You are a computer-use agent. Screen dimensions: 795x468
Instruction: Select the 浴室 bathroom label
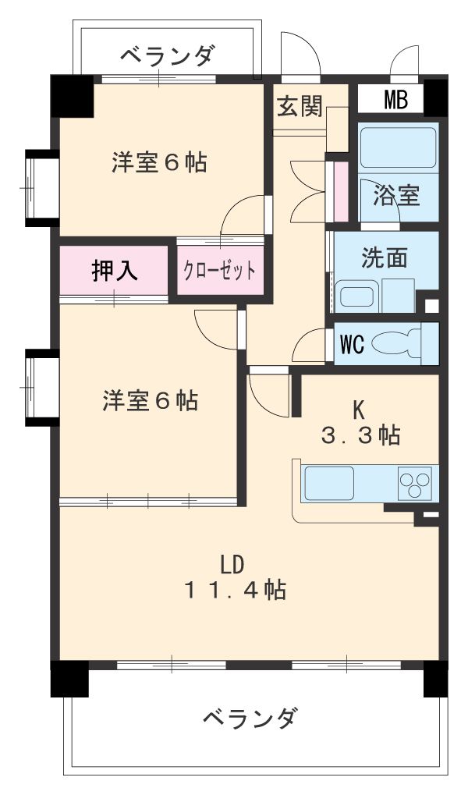[x=396, y=195]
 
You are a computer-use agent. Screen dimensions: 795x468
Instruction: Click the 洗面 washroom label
[x=384, y=258]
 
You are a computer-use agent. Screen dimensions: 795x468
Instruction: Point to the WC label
[x=351, y=344]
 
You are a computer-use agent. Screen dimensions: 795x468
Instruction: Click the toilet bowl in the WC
[x=395, y=343]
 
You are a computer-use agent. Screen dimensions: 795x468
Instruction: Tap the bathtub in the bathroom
[x=398, y=146]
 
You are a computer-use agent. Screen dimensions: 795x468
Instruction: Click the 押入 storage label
[x=115, y=270]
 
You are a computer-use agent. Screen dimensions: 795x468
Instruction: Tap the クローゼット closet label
[x=219, y=272]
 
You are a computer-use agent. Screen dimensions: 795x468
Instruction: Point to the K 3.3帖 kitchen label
[x=360, y=421]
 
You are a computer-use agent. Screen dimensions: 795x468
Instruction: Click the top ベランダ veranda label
[x=167, y=55]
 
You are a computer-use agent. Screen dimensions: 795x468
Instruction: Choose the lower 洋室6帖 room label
[x=150, y=400]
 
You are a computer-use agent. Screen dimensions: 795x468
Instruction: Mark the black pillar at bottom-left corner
[x=69, y=678]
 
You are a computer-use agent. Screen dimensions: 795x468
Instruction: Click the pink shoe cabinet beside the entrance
[x=340, y=191]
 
